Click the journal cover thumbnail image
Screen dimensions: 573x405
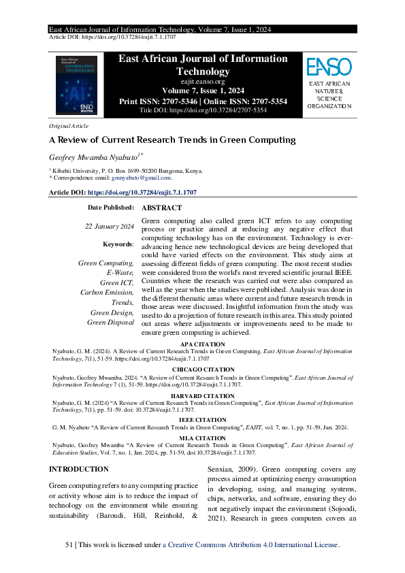click(76, 85)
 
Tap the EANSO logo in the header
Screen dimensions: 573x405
click(329, 67)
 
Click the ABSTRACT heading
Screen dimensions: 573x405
click(161, 208)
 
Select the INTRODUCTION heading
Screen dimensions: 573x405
click(79, 469)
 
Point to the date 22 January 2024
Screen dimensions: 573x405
click(109, 226)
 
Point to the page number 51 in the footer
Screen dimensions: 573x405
click(69, 545)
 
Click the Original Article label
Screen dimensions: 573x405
click(69, 126)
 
